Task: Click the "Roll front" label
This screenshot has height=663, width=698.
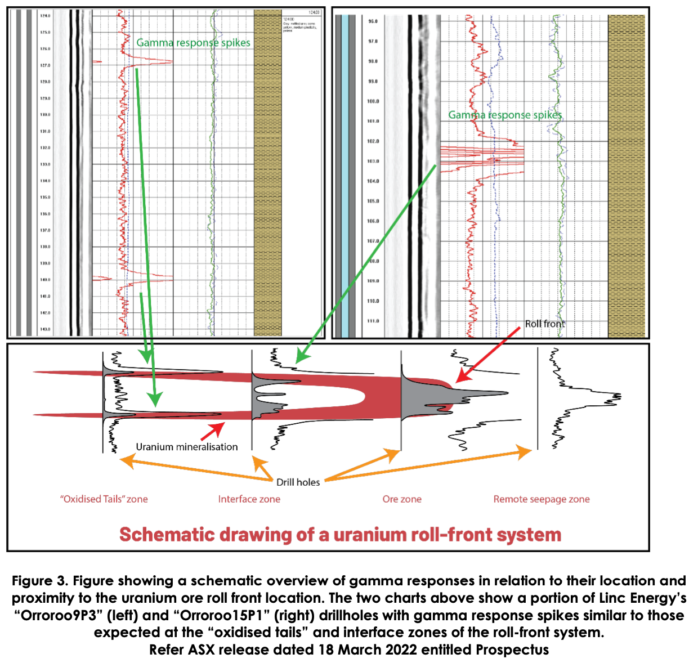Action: tap(544, 324)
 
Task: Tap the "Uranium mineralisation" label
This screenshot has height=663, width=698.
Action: tap(187, 447)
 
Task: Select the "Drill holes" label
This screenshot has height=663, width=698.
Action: tap(298, 482)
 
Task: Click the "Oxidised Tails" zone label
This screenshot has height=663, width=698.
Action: tap(104, 499)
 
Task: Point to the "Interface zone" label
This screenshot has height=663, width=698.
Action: tap(249, 499)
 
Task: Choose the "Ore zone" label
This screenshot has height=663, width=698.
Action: tap(402, 499)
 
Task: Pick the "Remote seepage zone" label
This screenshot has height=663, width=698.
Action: tap(542, 499)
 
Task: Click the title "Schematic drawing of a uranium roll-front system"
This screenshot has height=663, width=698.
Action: tap(340, 534)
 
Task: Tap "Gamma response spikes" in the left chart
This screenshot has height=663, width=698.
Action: tap(193, 43)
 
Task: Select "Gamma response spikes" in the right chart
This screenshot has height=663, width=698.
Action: tap(505, 115)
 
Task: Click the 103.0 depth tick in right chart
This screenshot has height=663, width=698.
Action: tap(373, 162)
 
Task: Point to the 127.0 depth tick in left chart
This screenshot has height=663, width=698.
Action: tap(44, 65)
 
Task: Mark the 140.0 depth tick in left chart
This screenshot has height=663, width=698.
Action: tap(44, 280)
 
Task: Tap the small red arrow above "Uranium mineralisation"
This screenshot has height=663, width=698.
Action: tap(212, 432)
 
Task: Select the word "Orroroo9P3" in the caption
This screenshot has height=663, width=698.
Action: tap(59, 616)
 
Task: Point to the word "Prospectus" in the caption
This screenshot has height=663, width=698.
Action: tap(512, 650)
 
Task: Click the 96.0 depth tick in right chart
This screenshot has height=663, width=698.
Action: tap(373, 21)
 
